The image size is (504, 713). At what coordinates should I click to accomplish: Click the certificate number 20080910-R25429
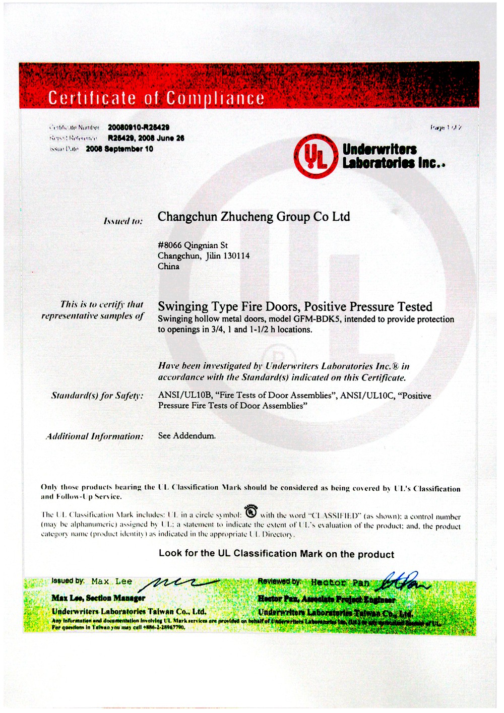coord(139,127)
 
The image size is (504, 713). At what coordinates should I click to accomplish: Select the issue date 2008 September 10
coord(119,149)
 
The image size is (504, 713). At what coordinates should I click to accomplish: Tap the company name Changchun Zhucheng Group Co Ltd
coord(254,217)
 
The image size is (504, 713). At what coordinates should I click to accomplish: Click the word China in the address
coord(168,267)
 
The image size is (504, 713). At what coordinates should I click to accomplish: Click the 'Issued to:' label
coord(123,221)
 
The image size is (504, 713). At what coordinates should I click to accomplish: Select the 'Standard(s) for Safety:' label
coord(97,396)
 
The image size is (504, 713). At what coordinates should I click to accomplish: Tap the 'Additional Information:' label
coord(94,436)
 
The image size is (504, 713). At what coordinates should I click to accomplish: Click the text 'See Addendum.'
coord(186,436)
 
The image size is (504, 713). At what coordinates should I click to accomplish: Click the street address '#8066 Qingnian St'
coord(193,245)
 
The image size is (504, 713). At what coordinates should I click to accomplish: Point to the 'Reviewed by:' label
coord(280,581)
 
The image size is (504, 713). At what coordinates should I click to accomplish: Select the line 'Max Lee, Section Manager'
coord(98,598)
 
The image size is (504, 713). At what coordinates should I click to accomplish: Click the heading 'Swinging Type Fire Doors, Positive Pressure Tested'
coord(295,307)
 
